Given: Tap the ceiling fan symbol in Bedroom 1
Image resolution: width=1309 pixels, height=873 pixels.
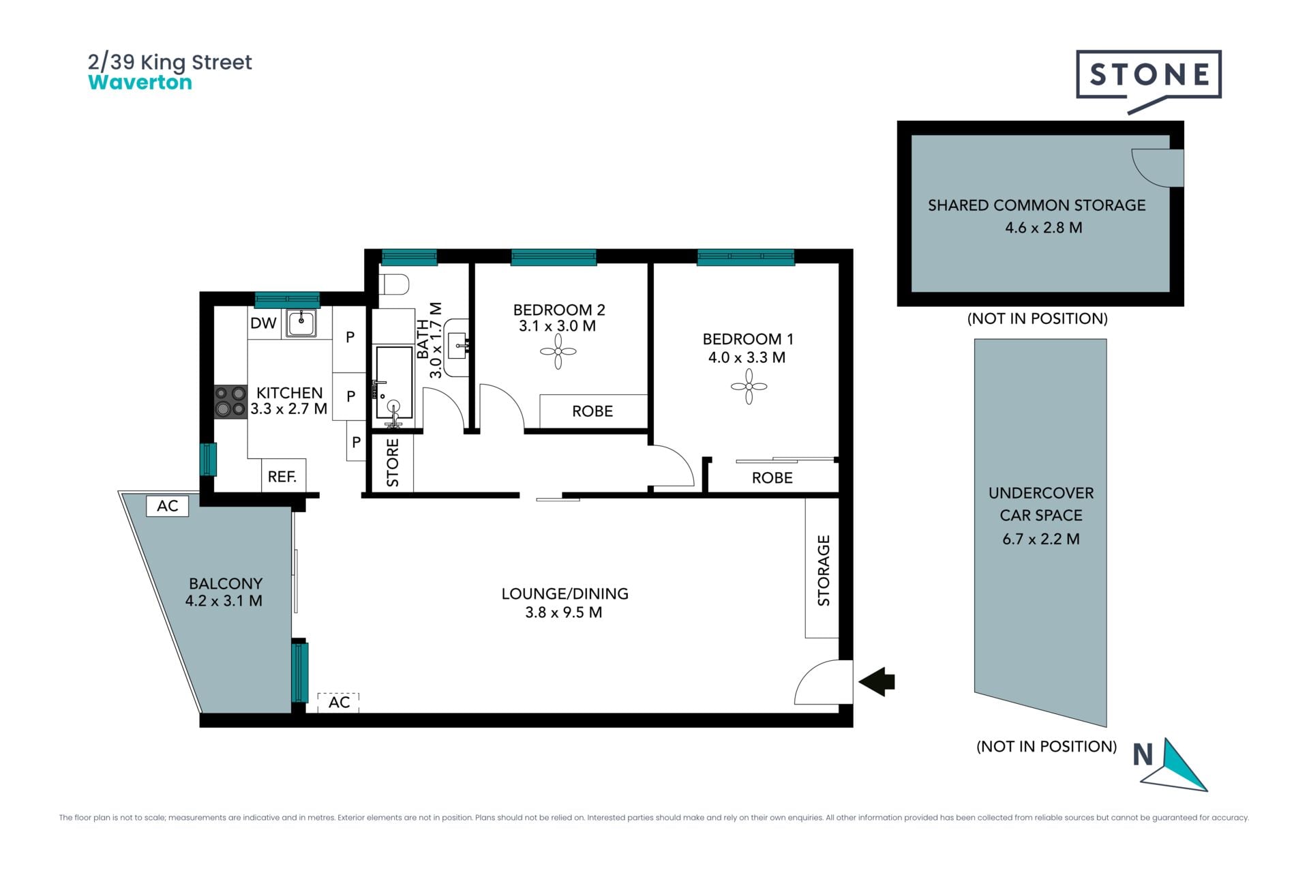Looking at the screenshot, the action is click(x=749, y=387).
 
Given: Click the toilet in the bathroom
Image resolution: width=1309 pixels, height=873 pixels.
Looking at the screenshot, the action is click(x=394, y=284).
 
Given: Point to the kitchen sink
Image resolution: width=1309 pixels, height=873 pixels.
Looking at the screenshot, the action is click(x=301, y=322).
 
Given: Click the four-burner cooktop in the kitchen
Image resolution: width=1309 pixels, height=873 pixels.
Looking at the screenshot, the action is click(x=230, y=402).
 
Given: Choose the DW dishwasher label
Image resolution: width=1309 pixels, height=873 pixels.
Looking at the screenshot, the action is click(x=263, y=323).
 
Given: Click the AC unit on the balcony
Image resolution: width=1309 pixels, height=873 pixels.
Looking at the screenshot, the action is click(x=168, y=505).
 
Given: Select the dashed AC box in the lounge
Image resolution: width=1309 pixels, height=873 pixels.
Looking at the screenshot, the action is click(x=338, y=702).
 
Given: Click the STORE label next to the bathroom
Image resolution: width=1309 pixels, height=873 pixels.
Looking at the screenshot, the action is click(x=393, y=462).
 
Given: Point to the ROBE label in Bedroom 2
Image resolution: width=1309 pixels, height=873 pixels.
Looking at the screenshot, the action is click(x=592, y=411).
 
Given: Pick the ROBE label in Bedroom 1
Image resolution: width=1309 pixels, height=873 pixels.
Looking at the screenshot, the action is click(x=772, y=478).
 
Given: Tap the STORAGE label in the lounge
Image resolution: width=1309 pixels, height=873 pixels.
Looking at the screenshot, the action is click(x=824, y=570).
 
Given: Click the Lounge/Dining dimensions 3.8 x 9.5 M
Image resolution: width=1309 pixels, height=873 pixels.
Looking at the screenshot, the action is click(x=564, y=612).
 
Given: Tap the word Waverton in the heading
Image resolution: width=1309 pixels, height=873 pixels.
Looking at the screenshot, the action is click(x=140, y=83).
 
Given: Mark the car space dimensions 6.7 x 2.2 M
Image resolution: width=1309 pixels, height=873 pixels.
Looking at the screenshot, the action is click(x=1041, y=539).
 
